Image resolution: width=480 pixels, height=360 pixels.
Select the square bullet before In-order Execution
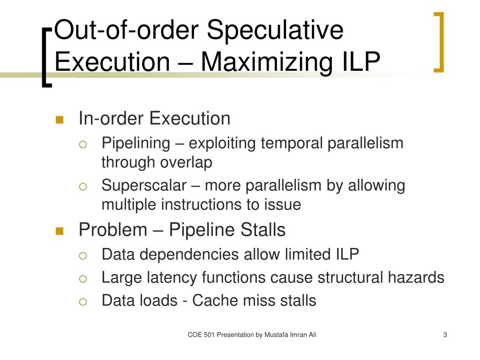pyautogui.click(x=60, y=120)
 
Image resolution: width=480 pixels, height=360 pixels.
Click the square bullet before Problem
pyautogui.click(x=60, y=231)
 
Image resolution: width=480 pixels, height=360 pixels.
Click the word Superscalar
pyautogui.click(x=144, y=186)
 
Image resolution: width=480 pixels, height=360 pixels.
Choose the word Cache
pyautogui.click(x=213, y=300)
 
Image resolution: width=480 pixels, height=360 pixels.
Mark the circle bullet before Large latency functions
pyautogui.click(x=83, y=278)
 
